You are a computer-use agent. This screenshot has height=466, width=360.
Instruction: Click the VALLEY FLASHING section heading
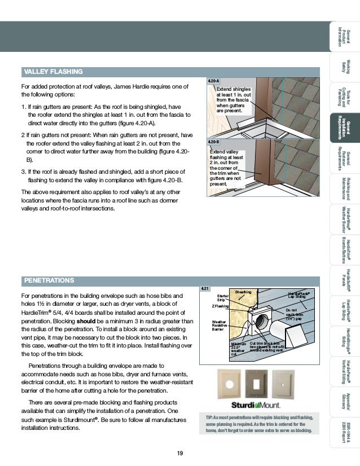52,72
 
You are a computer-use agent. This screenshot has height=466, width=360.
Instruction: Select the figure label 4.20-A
213,82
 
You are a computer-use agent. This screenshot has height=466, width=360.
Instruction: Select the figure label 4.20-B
213,142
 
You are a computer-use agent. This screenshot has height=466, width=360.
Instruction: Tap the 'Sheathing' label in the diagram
244,291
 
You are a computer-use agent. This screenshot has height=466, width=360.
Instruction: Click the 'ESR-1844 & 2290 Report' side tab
345,432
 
